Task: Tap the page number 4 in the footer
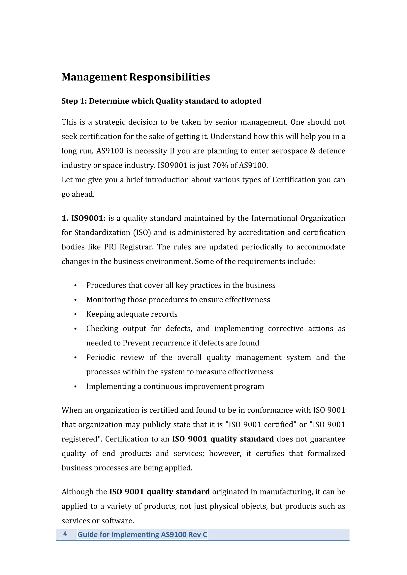tap(65, 534)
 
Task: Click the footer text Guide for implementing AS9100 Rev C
tap(142, 535)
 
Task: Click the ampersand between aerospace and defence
tap(312, 151)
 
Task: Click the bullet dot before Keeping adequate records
tap(75, 314)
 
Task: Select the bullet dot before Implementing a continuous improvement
tap(75, 387)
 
